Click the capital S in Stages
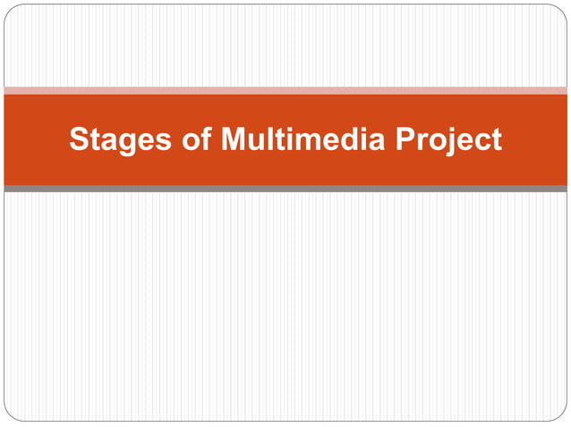(x=78, y=140)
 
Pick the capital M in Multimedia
(x=232, y=140)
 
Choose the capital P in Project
(x=407, y=140)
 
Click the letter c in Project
(x=482, y=142)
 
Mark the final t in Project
(x=496, y=141)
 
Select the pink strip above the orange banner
(x=285, y=90)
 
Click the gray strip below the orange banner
(x=285, y=188)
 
